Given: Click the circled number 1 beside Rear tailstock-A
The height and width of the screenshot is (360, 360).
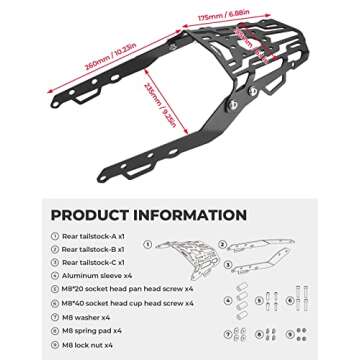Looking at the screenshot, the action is (x=55, y=236).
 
